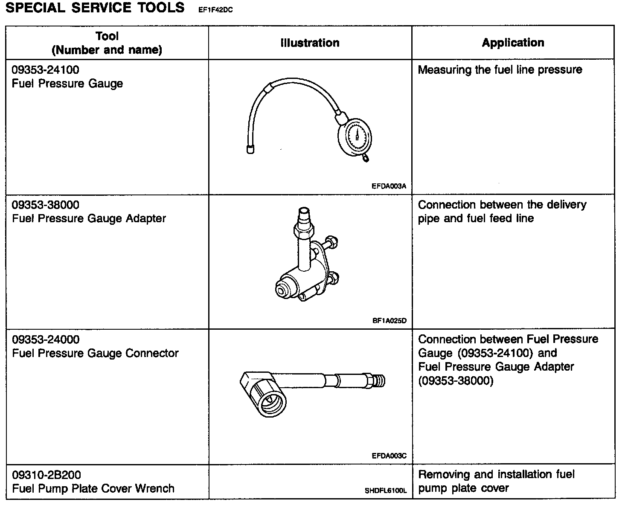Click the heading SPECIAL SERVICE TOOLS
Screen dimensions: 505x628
pos(95,8)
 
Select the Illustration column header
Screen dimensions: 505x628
pos(310,43)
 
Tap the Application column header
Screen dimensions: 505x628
pos(513,43)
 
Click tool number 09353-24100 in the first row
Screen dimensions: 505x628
pos(45,70)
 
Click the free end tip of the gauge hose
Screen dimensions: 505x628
pos(250,150)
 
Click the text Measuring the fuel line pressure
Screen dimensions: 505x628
pos(500,70)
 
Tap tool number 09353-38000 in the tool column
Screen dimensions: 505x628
pos(45,205)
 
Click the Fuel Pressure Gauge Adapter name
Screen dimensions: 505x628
pos(89,218)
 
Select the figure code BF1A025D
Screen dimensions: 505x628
pos(389,321)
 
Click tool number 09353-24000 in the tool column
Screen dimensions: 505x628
pos(45,340)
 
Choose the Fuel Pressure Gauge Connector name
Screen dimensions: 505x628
pos(95,353)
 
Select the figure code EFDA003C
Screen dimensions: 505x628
pos(389,456)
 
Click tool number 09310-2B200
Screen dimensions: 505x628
pos(46,475)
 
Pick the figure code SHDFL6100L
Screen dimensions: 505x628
pos(386,491)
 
